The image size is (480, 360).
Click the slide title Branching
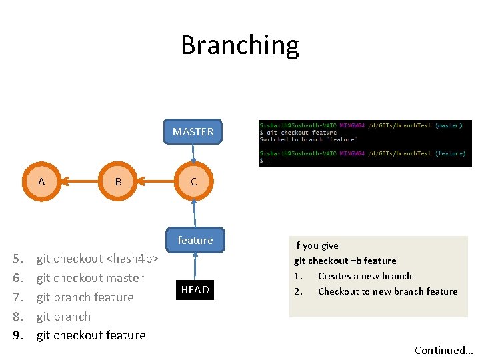click(240, 45)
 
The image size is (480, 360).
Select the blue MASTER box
click(193, 132)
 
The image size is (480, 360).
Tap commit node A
click(41, 182)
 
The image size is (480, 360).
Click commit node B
click(118, 182)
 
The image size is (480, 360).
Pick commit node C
click(193, 182)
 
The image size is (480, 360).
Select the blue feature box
click(195, 240)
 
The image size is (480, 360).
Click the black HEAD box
click(195, 289)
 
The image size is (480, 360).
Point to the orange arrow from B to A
click(79, 181)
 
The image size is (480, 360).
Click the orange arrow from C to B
click(156, 181)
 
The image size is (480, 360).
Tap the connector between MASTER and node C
click(193, 153)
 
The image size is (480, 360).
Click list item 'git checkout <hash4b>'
click(97, 259)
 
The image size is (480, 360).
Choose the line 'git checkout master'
click(90, 278)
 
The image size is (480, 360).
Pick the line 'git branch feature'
click(85, 297)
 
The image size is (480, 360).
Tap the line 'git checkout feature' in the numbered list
click(91, 335)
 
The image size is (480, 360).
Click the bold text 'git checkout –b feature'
click(345, 261)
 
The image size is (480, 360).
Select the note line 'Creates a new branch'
click(365, 276)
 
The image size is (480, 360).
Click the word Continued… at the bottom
click(443, 350)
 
